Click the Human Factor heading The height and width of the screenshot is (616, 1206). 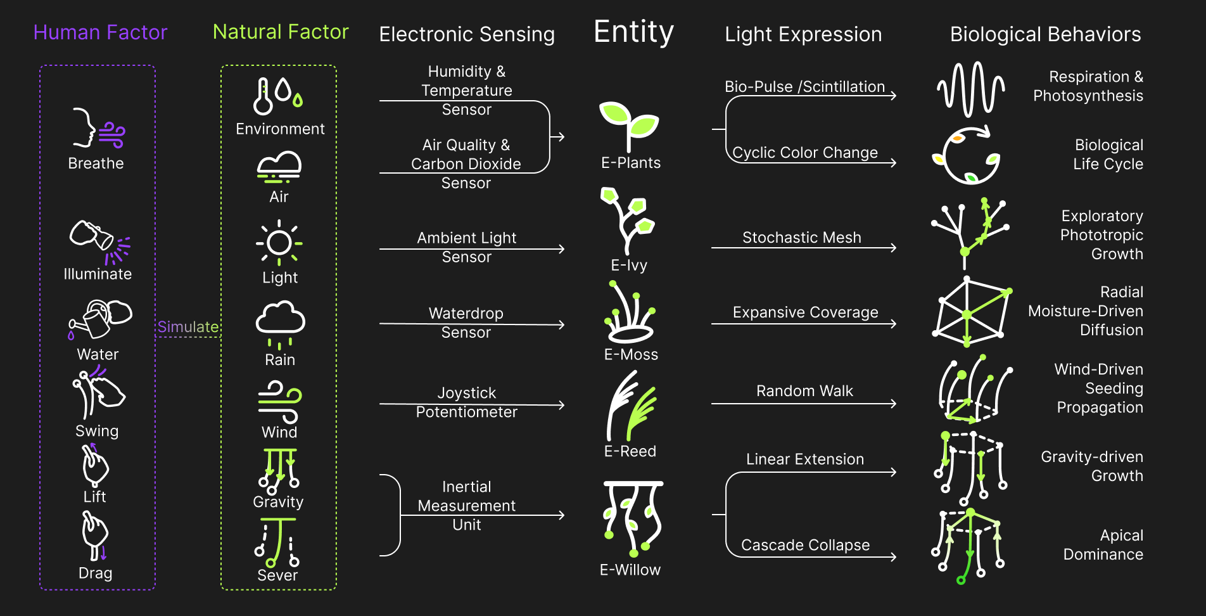(x=100, y=32)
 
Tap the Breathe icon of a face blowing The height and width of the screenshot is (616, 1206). (x=98, y=129)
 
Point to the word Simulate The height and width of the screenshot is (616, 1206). (x=187, y=327)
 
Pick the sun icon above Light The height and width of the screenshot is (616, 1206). (x=279, y=243)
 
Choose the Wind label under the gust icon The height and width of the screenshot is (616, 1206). (x=279, y=432)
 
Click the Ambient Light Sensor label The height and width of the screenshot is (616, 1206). (x=467, y=247)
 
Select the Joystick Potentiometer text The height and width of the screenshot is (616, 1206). (x=467, y=402)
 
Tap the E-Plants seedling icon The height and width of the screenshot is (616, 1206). (x=629, y=125)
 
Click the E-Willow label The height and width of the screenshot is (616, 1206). (x=630, y=570)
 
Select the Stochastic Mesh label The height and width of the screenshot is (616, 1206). (x=802, y=238)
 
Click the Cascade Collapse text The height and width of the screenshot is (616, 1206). (x=805, y=545)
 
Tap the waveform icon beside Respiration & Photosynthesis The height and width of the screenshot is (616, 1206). (x=970, y=89)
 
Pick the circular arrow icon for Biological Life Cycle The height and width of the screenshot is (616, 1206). (x=966, y=155)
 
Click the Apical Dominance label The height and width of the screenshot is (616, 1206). (x=1103, y=545)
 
